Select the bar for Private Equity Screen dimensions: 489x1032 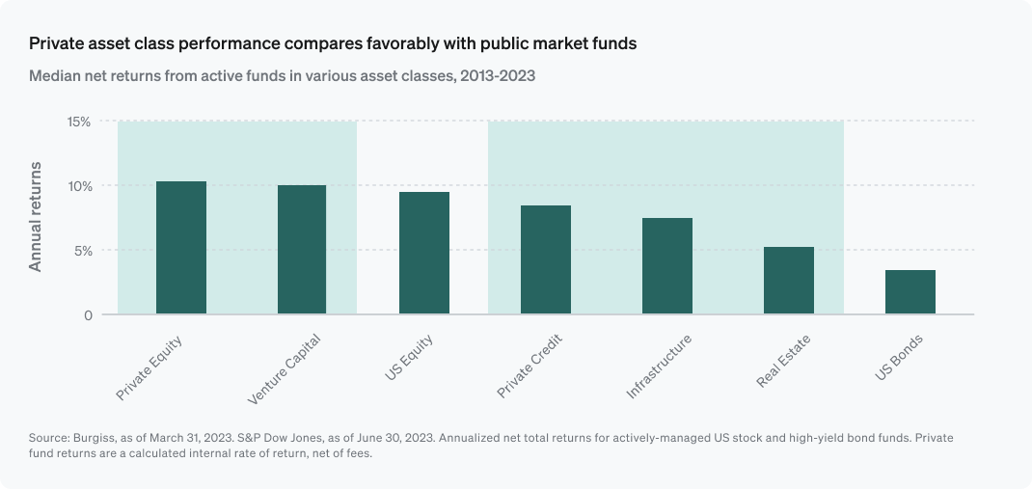tap(181, 248)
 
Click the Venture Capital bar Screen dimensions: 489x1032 tap(302, 250)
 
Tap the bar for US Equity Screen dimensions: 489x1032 tap(423, 253)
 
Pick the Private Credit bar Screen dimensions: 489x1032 tap(546, 259)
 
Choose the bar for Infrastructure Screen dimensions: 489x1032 tap(667, 266)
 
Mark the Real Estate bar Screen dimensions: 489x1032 tap(789, 281)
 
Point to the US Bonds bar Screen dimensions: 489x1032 tap(910, 292)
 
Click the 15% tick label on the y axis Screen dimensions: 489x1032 tap(78, 122)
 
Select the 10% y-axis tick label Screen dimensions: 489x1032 tap(78, 185)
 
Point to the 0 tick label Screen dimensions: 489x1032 tap(87, 314)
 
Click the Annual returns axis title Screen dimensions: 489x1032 tap(36, 218)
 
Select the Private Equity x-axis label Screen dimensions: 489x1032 tap(149, 367)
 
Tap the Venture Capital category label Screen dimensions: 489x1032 tap(284, 369)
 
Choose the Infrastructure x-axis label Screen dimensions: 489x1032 tap(659, 367)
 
